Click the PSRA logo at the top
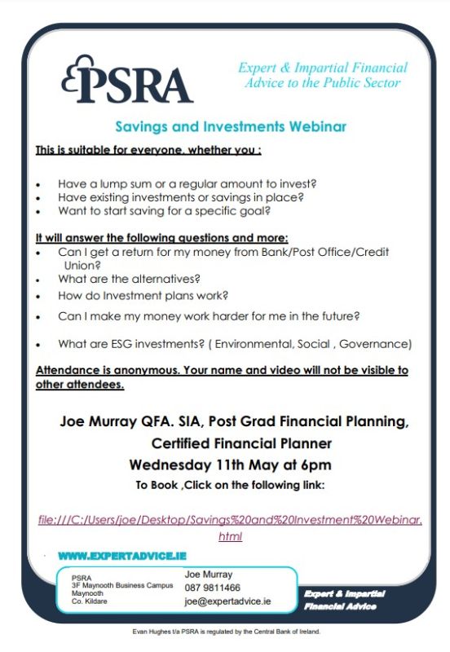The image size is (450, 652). [126, 80]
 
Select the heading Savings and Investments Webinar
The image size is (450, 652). [230, 126]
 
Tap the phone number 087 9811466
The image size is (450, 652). [212, 588]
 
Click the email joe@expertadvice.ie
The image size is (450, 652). [227, 601]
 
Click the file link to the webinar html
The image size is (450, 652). [230, 520]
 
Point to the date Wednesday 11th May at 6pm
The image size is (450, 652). [230, 465]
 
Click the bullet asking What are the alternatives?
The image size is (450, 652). [129, 279]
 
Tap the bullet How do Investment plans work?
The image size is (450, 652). [143, 296]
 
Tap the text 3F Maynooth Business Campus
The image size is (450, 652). [121, 585]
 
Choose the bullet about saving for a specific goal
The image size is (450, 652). [164, 211]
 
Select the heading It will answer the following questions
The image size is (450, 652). [161, 238]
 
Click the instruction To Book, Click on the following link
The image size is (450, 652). [230, 486]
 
